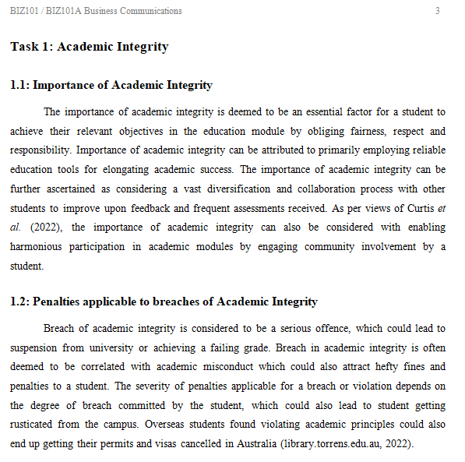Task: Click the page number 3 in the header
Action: pyautogui.click(x=437, y=11)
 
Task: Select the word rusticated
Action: pyautogui.click(x=38, y=424)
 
